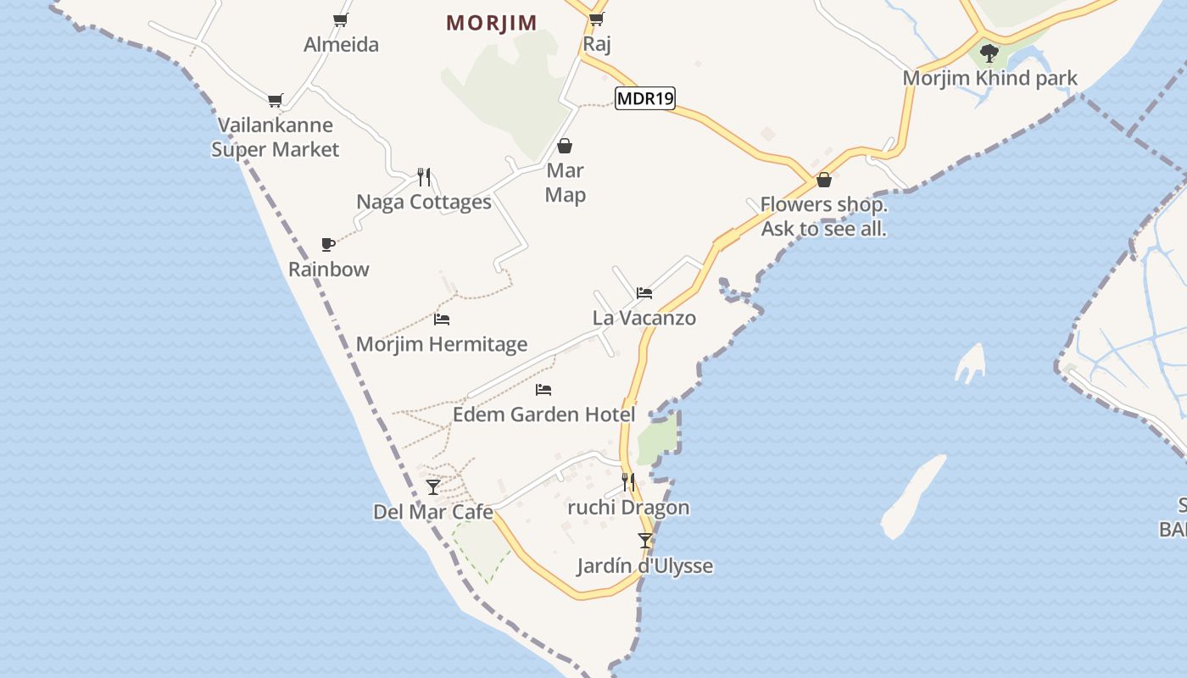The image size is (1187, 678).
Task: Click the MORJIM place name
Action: (492, 23)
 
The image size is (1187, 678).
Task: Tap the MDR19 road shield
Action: (644, 98)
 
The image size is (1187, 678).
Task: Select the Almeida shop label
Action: (341, 44)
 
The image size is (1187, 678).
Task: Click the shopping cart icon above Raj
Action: (596, 19)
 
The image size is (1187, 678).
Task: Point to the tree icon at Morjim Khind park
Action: (989, 53)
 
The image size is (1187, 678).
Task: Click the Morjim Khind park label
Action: (989, 78)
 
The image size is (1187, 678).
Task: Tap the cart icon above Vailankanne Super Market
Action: (275, 101)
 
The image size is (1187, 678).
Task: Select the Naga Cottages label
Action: (424, 202)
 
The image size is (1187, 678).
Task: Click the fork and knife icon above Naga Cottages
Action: (424, 176)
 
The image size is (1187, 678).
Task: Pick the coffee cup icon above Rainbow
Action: (328, 244)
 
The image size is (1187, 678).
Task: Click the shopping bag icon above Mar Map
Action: (565, 146)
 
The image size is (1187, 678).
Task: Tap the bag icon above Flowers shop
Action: (823, 180)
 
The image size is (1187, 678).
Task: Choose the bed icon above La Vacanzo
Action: (644, 293)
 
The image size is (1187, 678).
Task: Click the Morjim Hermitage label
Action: (442, 344)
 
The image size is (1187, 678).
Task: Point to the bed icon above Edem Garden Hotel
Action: (543, 390)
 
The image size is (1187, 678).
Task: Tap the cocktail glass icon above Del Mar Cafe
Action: (433, 486)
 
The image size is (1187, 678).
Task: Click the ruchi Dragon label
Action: (628, 508)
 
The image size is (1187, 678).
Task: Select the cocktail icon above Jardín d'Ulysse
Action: (645, 540)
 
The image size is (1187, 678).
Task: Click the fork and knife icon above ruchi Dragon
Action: (628, 482)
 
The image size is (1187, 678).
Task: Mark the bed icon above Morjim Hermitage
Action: (442, 320)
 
